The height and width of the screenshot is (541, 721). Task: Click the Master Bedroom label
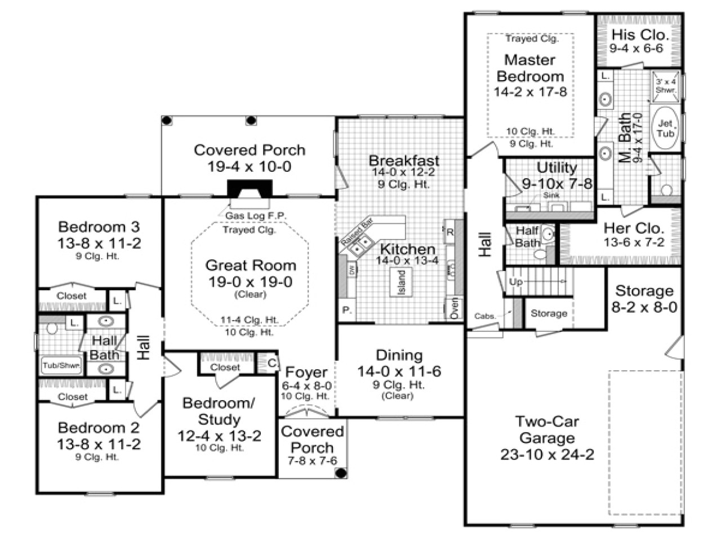pyautogui.click(x=529, y=68)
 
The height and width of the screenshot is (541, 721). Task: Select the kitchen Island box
pyautogui.click(x=400, y=281)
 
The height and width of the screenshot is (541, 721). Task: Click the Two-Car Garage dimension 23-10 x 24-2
pyautogui.click(x=547, y=454)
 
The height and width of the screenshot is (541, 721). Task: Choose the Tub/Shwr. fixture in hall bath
pyautogui.click(x=61, y=365)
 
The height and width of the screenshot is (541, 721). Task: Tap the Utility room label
pyautogui.click(x=556, y=168)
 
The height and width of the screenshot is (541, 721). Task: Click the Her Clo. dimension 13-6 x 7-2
pyautogui.click(x=634, y=243)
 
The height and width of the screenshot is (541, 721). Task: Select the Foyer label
pyautogui.click(x=306, y=372)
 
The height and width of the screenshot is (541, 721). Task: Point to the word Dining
pyautogui.click(x=399, y=355)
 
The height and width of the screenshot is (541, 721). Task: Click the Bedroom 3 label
pyautogui.click(x=99, y=227)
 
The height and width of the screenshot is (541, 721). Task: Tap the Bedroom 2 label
pyautogui.click(x=99, y=428)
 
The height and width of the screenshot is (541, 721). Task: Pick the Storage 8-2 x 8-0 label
pyautogui.click(x=644, y=299)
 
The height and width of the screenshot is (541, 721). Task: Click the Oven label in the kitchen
pyautogui.click(x=455, y=308)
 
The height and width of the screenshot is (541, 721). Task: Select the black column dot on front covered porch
pyautogui.click(x=341, y=472)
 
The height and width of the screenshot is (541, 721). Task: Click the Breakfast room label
pyautogui.click(x=403, y=160)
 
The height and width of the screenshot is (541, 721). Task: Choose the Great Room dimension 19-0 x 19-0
pyautogui.click(x=250, y=282)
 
